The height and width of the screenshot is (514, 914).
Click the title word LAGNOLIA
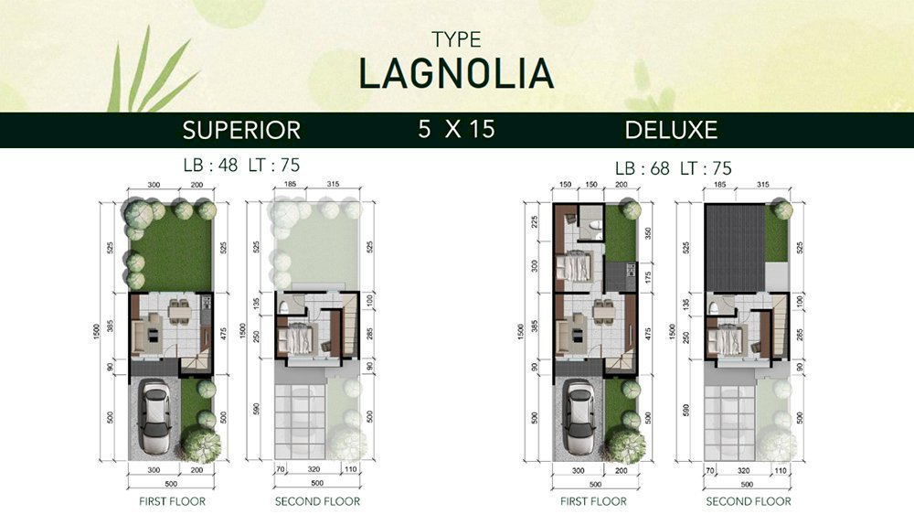pos(456,73)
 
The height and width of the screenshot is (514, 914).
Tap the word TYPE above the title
pos(456,39)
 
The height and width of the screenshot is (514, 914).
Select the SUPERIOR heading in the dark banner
pos(241,130)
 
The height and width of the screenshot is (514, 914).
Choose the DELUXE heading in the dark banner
pos(671,130)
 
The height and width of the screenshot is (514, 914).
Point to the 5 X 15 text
pos(456,129)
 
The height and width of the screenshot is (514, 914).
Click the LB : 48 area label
pos(210,166)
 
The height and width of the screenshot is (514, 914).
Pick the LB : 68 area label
pos(643,168)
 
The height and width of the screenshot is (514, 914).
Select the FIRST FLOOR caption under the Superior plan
pos(172,501)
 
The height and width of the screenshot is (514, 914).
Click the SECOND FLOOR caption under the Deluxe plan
pos(749,501)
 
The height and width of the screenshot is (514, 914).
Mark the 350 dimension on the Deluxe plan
pos(648,234)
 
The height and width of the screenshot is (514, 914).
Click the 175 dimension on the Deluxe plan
pos(648,276)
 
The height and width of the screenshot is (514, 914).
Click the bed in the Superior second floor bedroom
pos(297,339)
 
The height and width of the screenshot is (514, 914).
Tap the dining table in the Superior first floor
pos(180,312)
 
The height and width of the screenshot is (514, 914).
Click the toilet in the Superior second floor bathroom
pos(284,307)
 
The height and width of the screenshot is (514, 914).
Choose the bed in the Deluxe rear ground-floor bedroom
pos(574,267)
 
